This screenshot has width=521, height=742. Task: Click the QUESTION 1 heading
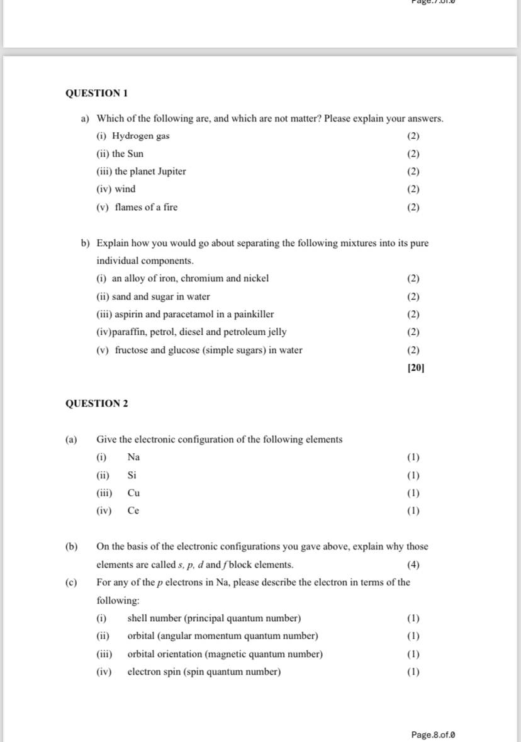click(x=96, y=93)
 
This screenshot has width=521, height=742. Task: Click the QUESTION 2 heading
click(x=96, y=403)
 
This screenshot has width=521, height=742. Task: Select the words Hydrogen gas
click(x=140, y=136)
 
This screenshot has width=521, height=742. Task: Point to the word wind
click(x=125, y=189)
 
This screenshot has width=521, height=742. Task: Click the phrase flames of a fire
click(x=146, y=207)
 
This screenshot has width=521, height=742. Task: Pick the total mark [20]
click(x=416, y=368)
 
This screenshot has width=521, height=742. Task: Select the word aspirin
click(x=129, y=314)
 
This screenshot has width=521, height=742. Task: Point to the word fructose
click(x=133, y=350)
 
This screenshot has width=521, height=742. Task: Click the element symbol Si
click(x=132, y=475)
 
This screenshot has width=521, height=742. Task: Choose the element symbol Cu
click(x=133, y=493)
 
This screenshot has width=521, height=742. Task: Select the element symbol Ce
click(x=133, y=510)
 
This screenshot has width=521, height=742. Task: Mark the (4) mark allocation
click(x=413, y=565)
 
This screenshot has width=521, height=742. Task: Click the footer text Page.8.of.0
click(x=433, y=734)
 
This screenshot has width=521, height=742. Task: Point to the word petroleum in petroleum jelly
click(x=245, y=332)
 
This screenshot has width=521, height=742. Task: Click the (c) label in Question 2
click(x=72, y=582)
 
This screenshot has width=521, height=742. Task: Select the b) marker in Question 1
click(x=85, y=243)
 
